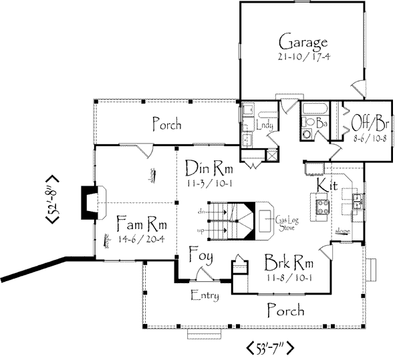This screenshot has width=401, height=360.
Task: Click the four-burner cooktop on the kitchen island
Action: (x=320, y=206)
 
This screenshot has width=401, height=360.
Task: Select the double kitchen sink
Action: (x=358, y=200)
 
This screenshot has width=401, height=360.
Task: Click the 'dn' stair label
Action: (x=199, y=211)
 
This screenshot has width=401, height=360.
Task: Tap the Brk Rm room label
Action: (x=285, y=260)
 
